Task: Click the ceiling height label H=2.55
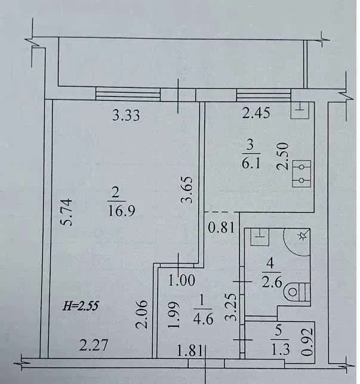pos(81,306)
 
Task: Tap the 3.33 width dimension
pos(126,115)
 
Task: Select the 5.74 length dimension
pos(66,212)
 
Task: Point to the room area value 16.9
pos(121,210)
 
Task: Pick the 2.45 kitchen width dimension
pos(256,113)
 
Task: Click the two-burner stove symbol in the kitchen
pos(301,174)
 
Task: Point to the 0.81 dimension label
pos(221,228)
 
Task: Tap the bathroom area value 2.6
pos(272,283)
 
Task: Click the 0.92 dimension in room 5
pos(307,342)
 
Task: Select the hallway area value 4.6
pos(203,319)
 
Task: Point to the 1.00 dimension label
pos(181,280)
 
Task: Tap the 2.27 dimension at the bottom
pos(94,345)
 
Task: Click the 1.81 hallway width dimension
pos(190,350)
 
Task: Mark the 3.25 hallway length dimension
pos(230,307)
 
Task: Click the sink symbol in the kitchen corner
pos(300,111)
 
